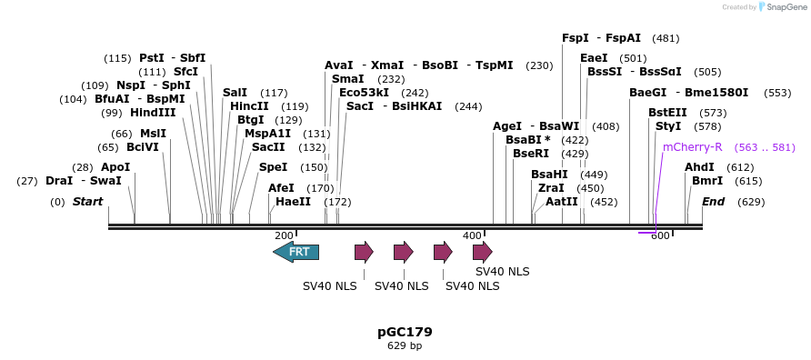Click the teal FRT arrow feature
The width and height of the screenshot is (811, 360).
click(x=296, y=252)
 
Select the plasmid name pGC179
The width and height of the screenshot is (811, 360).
click(x=405, y=332)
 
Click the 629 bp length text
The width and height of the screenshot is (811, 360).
click(x=405, y=346)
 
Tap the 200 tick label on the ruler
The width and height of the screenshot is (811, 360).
click(x=284, y=235)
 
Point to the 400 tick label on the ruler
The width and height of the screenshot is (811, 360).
click(x=472, y=235)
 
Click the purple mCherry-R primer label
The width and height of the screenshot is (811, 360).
click(x=692, y=146)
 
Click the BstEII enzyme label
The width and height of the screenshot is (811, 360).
click(x=667, y=113)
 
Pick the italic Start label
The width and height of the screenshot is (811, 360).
click(x=87, y=202)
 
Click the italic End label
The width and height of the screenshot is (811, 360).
click(x=713, y=202)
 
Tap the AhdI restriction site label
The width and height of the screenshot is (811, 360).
click(x=699, y=167)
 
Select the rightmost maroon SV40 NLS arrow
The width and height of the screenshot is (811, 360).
click(x=483, y=252)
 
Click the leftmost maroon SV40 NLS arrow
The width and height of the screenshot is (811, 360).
click(x=364, y=252)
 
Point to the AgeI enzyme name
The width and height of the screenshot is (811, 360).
click(x=507, y=126)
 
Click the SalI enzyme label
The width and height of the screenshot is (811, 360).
click(x=235, y=93)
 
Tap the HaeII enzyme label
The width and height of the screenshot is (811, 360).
click(x=293, y=202)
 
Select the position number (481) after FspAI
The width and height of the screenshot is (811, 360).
click(x=666, y=38)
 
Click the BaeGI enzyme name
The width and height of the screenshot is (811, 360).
click(x=647, y=93)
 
